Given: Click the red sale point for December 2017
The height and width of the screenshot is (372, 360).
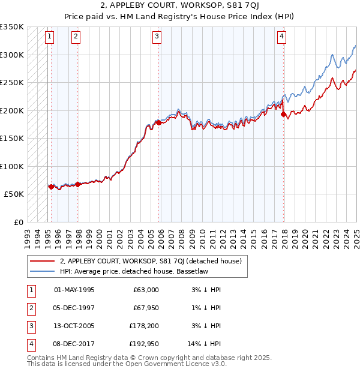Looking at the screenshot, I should (283, 115).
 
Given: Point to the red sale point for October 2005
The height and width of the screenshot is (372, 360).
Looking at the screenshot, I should (158, 122).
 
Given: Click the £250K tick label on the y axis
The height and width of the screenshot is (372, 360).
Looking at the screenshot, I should (12, 82).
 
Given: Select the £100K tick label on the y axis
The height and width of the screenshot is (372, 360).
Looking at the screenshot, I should (12, 166).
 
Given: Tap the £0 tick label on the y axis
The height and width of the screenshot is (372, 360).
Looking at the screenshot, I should (18, 222).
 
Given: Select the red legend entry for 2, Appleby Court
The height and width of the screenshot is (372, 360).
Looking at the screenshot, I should (150, 261).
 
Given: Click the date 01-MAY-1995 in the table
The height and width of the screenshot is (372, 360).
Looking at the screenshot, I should (74, 290).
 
